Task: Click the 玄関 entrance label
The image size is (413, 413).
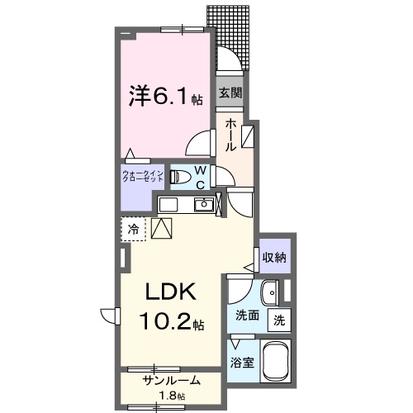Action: click(x=230, y=93)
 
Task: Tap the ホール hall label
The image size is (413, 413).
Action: click(x=230, y=133)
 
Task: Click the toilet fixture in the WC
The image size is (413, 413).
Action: click(x=179, y=176)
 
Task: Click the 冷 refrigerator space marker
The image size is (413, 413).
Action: click(x=132, y=228)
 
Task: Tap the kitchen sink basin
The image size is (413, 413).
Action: click(x=203, y=205)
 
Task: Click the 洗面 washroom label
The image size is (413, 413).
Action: click(x=246, y=316)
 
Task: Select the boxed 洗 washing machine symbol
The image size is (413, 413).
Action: click(x=280, y=320)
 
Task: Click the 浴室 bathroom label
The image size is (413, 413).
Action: click(x=242, y=361)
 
